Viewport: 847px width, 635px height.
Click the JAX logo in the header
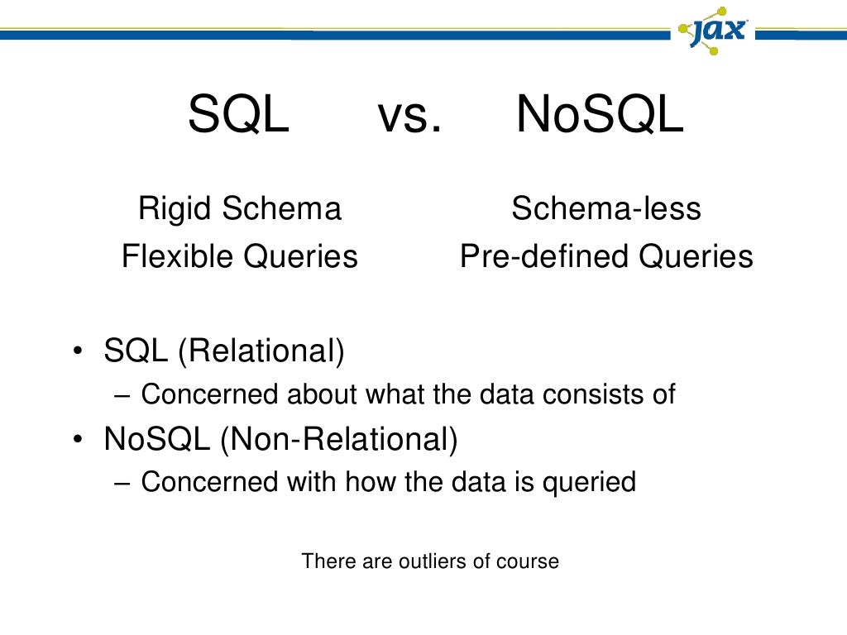713,31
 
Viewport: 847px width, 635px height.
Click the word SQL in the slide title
238,116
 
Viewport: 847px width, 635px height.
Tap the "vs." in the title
409,116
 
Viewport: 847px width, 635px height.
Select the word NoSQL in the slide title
600,116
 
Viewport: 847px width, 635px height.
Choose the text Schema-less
605,208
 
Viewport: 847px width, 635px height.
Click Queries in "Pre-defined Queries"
696,257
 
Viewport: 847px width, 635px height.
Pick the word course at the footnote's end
527,561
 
